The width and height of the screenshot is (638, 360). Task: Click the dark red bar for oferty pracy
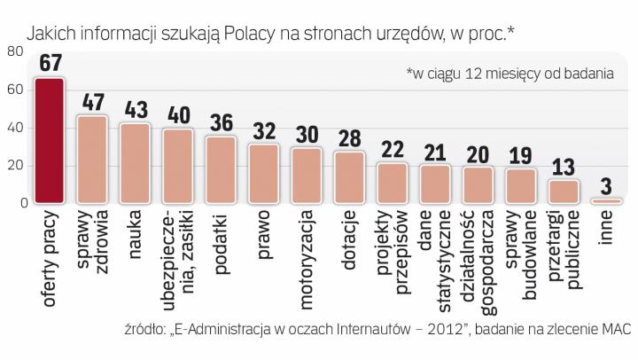[x=49, y=141]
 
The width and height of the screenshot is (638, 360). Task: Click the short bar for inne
[x=605, y=201]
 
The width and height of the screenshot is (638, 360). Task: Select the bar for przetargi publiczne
[x=563, y=192]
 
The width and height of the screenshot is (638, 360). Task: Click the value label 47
[x=93, y=102]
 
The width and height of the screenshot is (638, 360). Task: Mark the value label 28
[x=349, y=138]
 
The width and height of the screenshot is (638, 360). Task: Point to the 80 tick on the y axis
[x=15, y=52]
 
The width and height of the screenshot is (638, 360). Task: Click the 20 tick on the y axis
[x=15, y=166]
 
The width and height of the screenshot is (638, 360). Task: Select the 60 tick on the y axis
[x=15, y=90]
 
